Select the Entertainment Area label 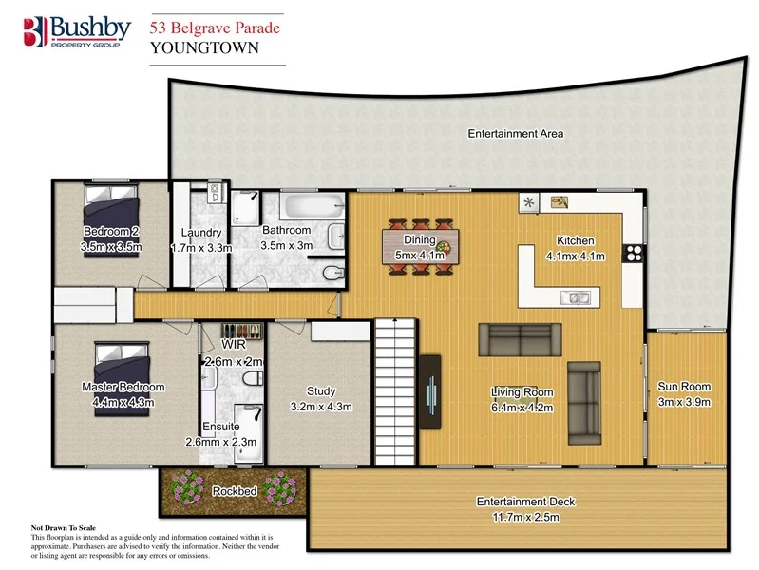tap(515, 134)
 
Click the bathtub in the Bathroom tap(309, 204)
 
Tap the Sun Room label tap(684, 387)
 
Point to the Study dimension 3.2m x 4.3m tap(320, 407)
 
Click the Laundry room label tap(200, 233)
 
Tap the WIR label tap(234, 344)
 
